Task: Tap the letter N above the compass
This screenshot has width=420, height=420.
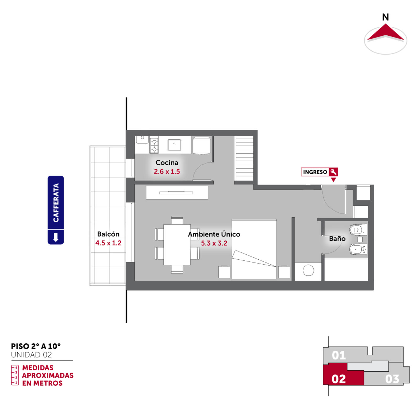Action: (x=385, y=17)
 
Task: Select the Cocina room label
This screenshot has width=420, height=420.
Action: (x=167, y=162)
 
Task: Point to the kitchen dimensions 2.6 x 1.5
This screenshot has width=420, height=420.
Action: (x=167, y=172)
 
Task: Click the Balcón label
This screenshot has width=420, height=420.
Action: (x=108, y=234)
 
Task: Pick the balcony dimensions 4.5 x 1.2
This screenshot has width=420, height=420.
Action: (x=108, y=243)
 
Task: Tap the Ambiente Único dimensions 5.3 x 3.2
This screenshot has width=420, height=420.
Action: (x=214, y=243)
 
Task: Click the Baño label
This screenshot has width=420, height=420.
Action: (x=337, y=239)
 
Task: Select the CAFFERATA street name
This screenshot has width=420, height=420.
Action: (x=56, y=203)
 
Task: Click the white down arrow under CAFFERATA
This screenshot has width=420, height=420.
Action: (x=56, y=237)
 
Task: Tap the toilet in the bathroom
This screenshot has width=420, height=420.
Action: (x=358, y=230)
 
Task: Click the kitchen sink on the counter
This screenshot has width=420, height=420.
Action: (x=174, y=145)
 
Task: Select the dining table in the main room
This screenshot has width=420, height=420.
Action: (x=177, y=245)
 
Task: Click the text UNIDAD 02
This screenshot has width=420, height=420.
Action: (x=31, y=355)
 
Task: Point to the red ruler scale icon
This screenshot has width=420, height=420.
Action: (x=15, y=375)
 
